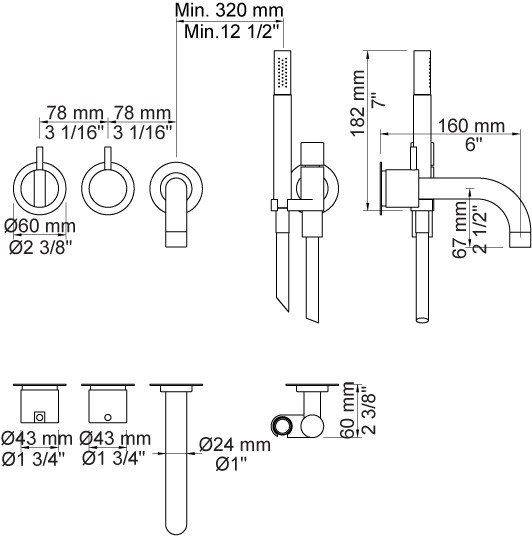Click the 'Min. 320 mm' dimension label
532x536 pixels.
pos(229,10)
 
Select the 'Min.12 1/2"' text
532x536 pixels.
pos(232,32)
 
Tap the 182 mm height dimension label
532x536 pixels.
pos(358,103)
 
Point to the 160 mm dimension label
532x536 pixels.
pos(471,125)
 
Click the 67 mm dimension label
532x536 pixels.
pos(459,229)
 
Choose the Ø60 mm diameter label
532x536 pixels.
pos(40,226)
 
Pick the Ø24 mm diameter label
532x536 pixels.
pos(235,444)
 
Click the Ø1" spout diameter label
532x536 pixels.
pos(231,464)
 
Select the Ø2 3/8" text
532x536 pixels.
pos(41,247)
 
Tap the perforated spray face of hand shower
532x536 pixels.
pos(282,72)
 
